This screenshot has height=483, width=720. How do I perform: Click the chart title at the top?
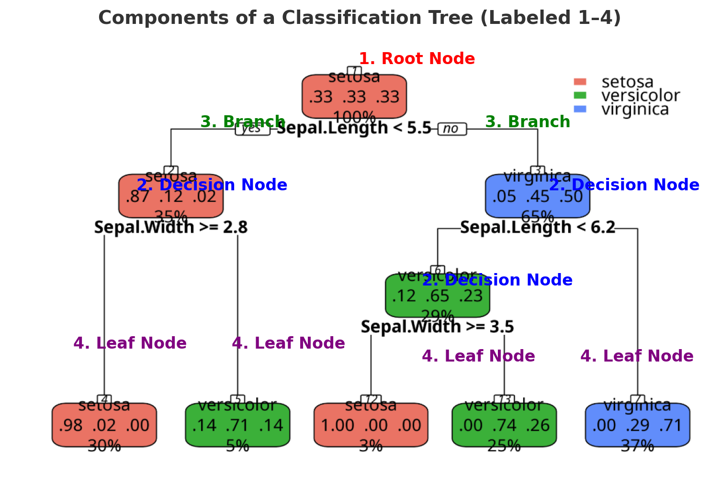click(360, 18)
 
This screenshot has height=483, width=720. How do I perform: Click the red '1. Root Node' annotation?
click(416, 58)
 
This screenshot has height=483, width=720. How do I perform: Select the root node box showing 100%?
click(354, 97)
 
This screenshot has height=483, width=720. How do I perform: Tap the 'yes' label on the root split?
click(252, 129)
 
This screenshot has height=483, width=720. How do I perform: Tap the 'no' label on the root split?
click(451, 129)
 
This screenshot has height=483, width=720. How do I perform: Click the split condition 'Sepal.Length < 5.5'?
click(354, 128)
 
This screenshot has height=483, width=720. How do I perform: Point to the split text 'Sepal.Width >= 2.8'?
click(171, 228)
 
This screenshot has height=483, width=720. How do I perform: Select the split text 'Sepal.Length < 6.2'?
click(538, 228)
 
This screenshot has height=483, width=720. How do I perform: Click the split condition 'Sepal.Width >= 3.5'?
click(437, 327)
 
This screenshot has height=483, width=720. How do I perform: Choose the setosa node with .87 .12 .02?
click(171, 197)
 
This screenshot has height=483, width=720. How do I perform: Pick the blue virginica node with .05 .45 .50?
click(538, 197)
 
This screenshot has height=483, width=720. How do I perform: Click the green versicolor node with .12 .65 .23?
click(437, 296)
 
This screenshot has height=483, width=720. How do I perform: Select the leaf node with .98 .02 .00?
click(104, 425)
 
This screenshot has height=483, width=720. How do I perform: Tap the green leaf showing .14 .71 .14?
click(237, 425)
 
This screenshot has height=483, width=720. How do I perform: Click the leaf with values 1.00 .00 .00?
click(371, 425)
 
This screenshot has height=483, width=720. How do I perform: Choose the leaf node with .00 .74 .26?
click(504, 425)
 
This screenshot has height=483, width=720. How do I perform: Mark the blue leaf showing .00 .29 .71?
click(637, 425)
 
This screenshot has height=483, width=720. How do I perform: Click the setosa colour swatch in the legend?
click(580, 82)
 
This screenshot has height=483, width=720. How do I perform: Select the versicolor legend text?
click(640, 96)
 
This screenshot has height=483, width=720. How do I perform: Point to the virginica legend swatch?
click(580, 109)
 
